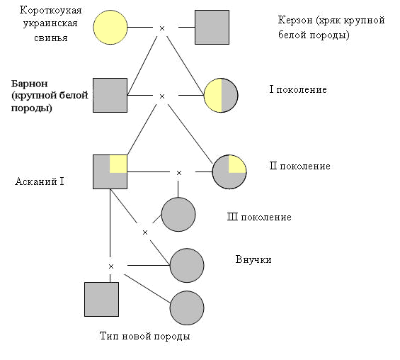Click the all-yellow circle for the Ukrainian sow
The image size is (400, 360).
tap(110, 28)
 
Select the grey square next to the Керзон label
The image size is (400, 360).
tap(212, 28)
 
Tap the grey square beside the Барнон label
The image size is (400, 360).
tap(110, 95)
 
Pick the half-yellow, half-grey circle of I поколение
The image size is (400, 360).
tap(221, 95)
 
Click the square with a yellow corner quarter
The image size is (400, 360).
tap(110, 171)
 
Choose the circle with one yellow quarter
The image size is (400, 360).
tap(229, 171)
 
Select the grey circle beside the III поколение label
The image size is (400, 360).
tap(178, 215)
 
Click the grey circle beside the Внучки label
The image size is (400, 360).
tap(187, 265)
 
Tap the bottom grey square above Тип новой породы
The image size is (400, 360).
tap(101, 299)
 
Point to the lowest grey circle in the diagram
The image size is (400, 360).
tap(187, 308)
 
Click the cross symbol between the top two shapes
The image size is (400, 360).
tap(162, 28)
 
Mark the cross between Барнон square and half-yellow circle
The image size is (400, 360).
tap(162, 96)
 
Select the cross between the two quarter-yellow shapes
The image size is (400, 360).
tap(179, 173)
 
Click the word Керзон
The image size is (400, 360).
tap(295, 20)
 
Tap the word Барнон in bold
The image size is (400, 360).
tap(29, 84)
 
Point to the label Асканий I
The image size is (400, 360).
tap(40, 181)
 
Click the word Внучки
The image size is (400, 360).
tap(253, 259)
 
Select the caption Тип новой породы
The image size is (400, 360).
tap(145, 336)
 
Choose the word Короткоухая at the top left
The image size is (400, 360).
tap(50, 10)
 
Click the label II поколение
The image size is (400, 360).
tap(300, 166)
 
